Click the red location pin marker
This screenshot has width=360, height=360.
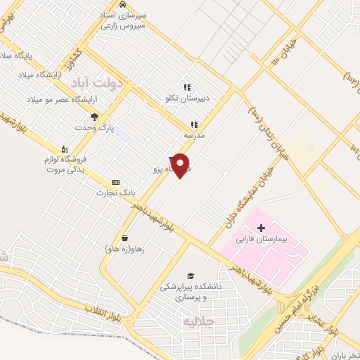181,165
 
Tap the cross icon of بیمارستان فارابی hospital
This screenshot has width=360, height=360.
262,228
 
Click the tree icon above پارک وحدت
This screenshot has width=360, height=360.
94,117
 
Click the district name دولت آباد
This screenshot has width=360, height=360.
97,82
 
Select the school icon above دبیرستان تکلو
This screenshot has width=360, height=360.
187,87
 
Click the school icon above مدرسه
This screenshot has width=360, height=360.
194,124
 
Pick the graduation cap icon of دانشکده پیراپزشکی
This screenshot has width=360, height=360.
190,275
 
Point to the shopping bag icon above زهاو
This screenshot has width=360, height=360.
124,238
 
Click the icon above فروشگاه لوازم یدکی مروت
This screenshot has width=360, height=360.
64,148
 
